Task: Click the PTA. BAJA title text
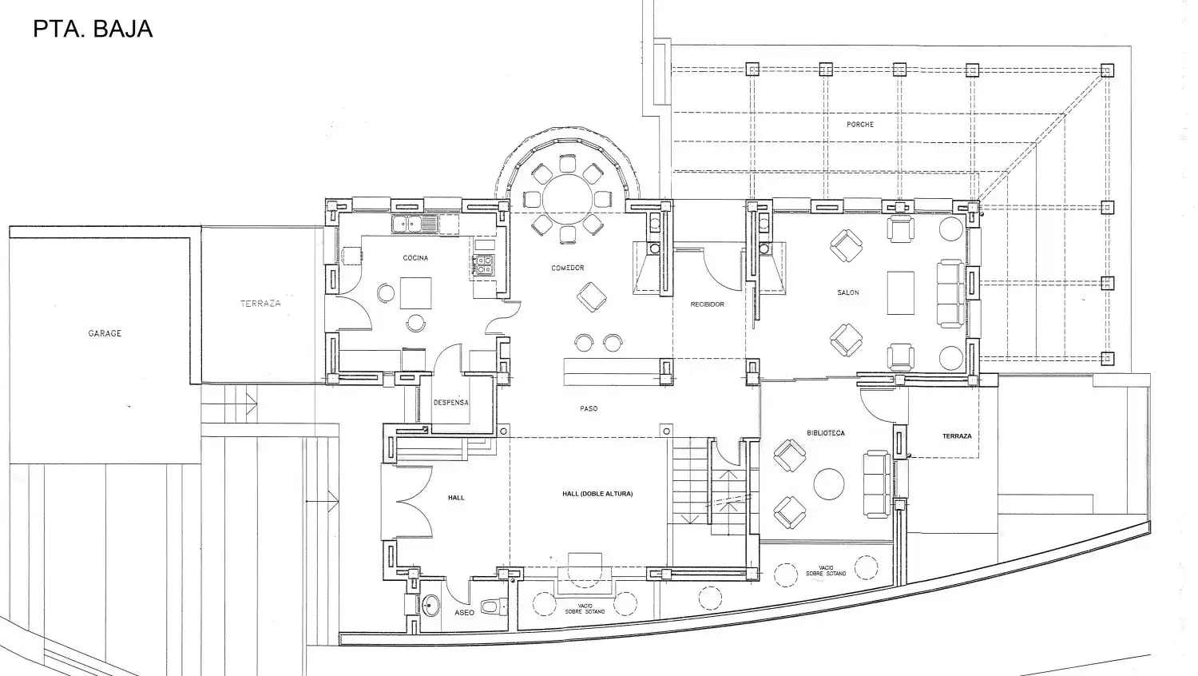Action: [x=93, y=29]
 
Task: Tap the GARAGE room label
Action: [x=105, y=333]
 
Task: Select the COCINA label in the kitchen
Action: [x=415, y=258]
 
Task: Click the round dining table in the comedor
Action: [x=567, y=197]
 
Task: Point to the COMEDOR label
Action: [x=568, y=268]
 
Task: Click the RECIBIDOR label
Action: [x=707, y=304]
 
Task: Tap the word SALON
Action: [x=848, y=292]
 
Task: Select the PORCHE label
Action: [x=860, y=125]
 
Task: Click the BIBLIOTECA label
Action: [x=826, y=433]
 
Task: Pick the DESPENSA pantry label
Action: [x=451, y=403]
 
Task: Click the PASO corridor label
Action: [x=589, y=409]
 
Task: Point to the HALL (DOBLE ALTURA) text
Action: [x=597, y=494]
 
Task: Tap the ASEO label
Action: [x=464, y=613]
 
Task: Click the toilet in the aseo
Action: [x=493, y=606]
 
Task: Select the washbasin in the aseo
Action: [x=430, y=606]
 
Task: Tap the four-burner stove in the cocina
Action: [x=483, y=265]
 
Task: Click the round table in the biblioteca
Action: [x=829, y=484]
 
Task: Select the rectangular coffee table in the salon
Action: [x=901, y=293]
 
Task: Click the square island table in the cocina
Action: [x=415, y=293]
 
